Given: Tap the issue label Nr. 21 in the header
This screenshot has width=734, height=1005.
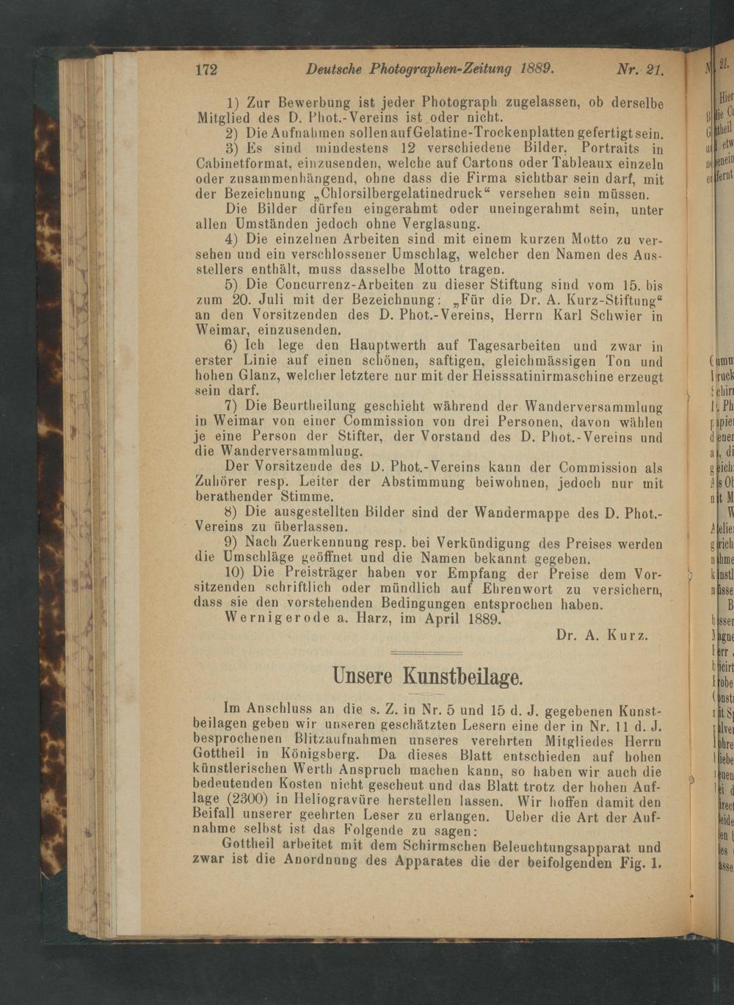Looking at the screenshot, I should (x=640, y=70).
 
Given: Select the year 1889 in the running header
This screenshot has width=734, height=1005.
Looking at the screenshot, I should (x=536, y=69).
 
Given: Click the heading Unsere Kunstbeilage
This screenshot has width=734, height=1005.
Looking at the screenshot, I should (x=427, y=675).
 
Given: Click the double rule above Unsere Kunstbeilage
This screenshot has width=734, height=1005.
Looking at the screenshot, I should (x=426, y=653).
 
